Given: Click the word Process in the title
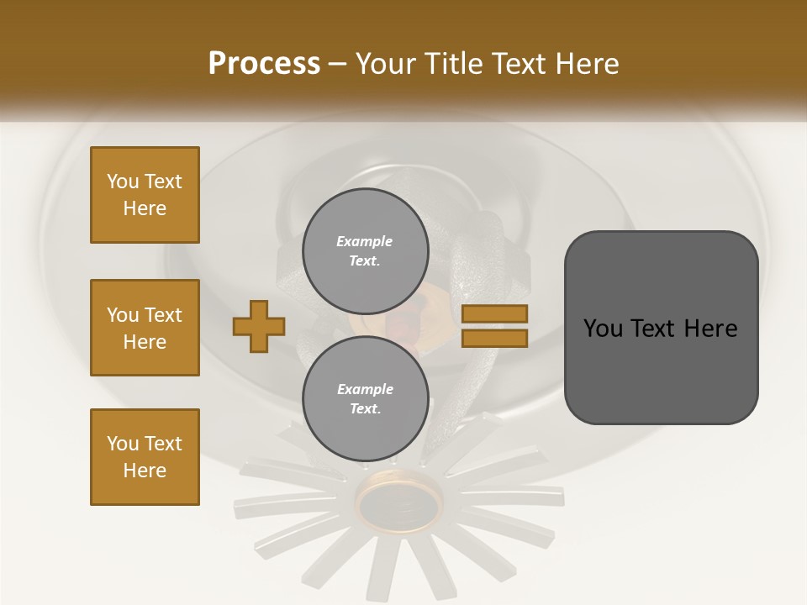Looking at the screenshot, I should click(264, 64).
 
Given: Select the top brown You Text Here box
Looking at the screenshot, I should click(145, 195).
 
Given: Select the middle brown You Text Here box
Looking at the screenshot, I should click(145, 328).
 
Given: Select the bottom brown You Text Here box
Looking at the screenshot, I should click(145, 457).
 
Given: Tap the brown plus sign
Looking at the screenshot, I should click(258, 326).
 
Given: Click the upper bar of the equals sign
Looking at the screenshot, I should click(494, 313).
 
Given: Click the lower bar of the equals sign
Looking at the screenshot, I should click(494, 338).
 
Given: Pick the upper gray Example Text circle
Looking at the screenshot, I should click(365, 250).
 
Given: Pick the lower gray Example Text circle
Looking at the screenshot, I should click(365, 398).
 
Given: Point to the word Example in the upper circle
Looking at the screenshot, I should click(364, 241).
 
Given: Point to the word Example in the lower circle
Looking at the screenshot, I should click(364, 389).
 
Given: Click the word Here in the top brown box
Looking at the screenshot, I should click(145, 208).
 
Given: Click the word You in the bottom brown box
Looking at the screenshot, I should click(122, 444).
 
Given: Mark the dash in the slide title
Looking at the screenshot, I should click(337, 65).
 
